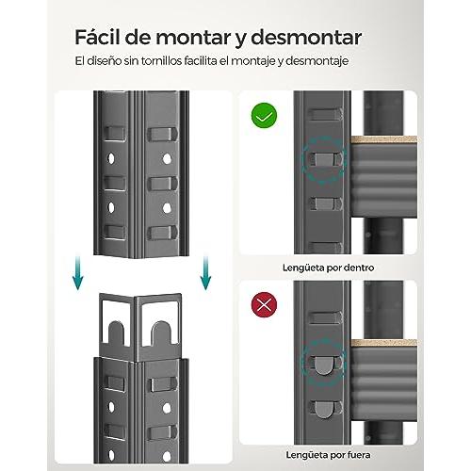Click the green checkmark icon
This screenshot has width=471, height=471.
pos(264,116)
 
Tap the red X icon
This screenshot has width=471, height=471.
pos(264,304)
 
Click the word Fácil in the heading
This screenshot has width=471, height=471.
pos(97,37)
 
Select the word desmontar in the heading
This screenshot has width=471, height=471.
pos(306,38)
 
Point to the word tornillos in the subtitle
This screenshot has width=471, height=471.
pos(161,60)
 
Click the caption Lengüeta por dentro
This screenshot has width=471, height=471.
pos(328,268)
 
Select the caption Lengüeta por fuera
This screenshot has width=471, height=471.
pos(328,455)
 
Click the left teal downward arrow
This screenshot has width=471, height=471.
pos(77,273)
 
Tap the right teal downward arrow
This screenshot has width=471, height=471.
pos(205,273)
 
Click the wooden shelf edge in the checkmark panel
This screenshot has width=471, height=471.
pos(383,139)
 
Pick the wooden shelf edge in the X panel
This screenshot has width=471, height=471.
pos(383,343)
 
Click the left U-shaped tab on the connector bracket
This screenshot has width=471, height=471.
pos(116,333)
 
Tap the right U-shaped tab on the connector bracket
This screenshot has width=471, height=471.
pos(161,333)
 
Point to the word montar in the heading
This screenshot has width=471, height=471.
pos(193,38)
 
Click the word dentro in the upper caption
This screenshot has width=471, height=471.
pos(359,268)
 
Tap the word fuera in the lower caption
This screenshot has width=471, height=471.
pos(359,455)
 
